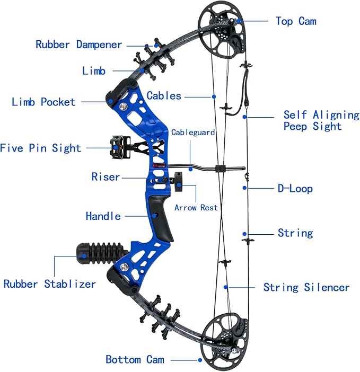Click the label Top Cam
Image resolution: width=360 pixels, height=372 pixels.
click(295, 21)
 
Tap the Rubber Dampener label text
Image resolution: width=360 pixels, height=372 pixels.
click(79, 45)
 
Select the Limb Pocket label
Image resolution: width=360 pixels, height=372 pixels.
click(43, 102)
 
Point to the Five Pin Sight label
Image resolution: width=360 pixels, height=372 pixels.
click(40, 148)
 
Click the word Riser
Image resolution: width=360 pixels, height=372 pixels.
click(106, 176)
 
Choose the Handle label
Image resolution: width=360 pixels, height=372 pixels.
click(103, 216)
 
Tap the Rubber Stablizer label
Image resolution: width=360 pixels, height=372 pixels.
click(49, 284)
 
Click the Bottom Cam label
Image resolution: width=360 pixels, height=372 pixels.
click(135, 359)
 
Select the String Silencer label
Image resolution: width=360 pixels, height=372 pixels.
click(306, 287)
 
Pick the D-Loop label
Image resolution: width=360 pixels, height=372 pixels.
click(295, 188)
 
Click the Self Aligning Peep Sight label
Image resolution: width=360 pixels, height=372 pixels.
click(321, 120)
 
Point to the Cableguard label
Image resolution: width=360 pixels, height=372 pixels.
click(193, 132)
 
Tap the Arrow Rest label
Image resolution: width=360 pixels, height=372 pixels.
click(196, 208)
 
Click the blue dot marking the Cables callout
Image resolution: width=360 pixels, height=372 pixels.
click(214, 96)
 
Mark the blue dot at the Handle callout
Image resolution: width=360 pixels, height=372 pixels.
click(155, 216)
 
